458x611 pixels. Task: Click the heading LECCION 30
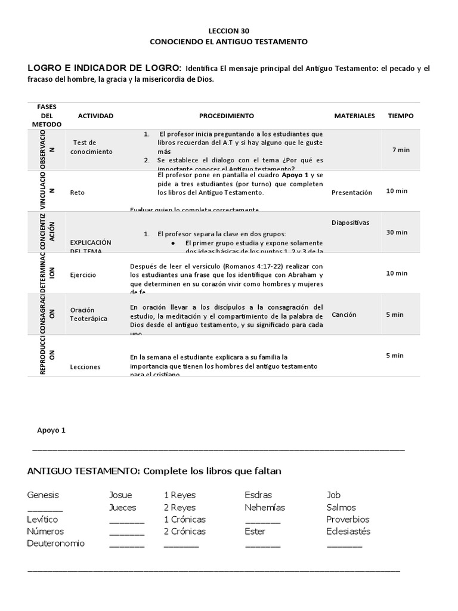click(x=228, y=30)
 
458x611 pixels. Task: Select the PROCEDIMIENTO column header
click(x=226, y=116)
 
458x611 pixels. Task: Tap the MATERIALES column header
click(x=354, y=116)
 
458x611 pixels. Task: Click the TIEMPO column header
click(x=401, y=116)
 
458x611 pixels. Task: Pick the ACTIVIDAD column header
click(x=95, y=116)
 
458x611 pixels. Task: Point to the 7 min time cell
click(x=401, y=150)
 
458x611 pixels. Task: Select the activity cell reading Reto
click(x=77, y=193)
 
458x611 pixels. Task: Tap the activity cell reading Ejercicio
click(x=83, y=275)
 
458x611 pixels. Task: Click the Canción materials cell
click(x=343, y=314)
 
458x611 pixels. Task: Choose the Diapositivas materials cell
click(x=350, y=223)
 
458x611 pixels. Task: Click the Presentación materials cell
click(x=352, y=193)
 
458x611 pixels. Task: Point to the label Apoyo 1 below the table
click(x=51, y=430)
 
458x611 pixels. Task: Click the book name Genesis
click(x=43, y=495)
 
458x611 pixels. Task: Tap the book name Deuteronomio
click(x=56, y=544)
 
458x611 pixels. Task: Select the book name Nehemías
click(x=265, y=508)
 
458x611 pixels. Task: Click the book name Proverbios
click(x=348, y=520)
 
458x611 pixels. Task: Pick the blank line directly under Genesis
click(x=45, y=509)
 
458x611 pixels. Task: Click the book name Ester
click(x=255, y=532)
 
